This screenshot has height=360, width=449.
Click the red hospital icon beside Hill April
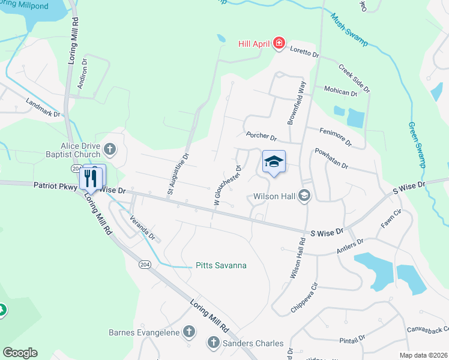coord(278,43)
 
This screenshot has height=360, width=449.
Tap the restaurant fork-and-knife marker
coord(91,177)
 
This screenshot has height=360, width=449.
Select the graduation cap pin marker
coord(274,161)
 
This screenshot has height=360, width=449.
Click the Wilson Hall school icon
coord(304,196)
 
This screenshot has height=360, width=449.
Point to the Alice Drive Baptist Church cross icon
coord(109,148)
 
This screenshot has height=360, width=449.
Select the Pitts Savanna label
coord(221,265)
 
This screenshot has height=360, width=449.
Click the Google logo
coord(20,353)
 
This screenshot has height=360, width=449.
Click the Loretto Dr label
coord(305,53)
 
